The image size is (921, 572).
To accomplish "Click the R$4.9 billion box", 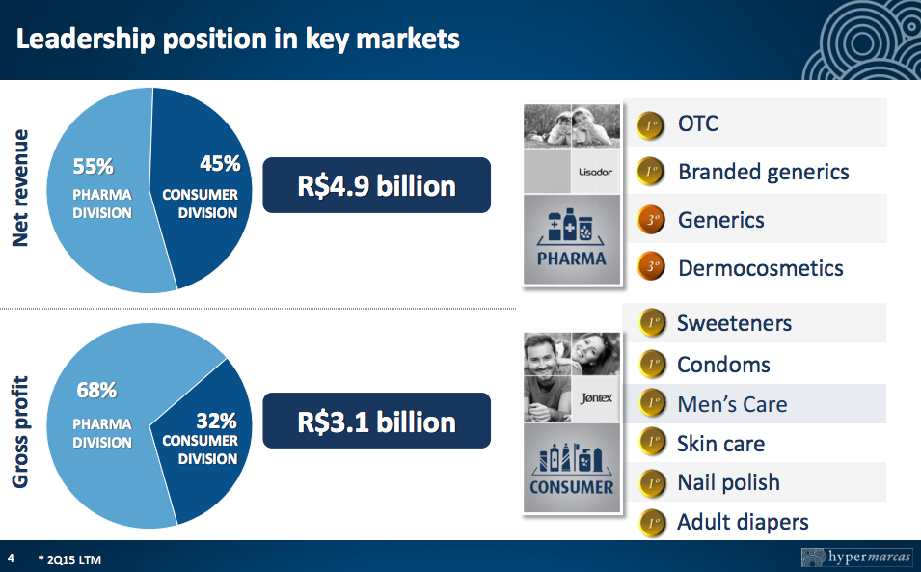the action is pos(376,185).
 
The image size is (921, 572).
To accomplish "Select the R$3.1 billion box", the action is pos(376,421).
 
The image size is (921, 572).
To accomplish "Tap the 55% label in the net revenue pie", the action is pos(93,166).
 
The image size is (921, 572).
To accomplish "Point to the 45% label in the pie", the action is pos(220,163).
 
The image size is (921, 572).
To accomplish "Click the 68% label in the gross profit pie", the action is pos(96,390).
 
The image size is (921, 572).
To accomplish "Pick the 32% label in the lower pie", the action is pos(216,422).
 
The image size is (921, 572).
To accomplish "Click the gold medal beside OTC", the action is pos(650,125).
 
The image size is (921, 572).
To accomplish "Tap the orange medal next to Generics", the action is pos(650,220).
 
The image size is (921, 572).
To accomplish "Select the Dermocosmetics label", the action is pos(761,268).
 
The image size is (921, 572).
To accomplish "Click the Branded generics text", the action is pos(764,172).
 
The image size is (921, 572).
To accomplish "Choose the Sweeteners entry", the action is pos(734,323).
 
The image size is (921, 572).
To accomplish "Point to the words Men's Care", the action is pos(732,404).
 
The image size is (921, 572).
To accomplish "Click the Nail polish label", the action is pos(728,482).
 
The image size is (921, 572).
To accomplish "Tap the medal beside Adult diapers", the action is pos(652,523).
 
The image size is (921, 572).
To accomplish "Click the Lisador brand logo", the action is pos(596,172).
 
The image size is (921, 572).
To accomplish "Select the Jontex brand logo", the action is pos(596,398).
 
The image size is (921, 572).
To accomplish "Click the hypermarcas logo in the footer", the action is pos(856,557).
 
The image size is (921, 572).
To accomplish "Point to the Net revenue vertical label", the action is pos(20,188).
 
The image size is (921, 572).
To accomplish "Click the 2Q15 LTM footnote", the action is pos(69,559).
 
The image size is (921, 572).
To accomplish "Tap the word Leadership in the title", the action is pos(86,40).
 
